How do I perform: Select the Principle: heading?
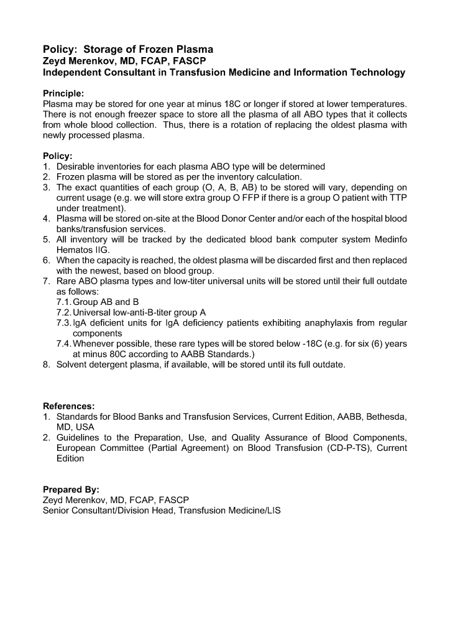pos(63,93)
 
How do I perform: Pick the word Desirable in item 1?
pos(78,166)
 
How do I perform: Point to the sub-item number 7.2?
pos(63,312)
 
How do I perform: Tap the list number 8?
pos(47,365)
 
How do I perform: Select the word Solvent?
pos(73,365)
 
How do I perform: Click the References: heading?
pos(68,406)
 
